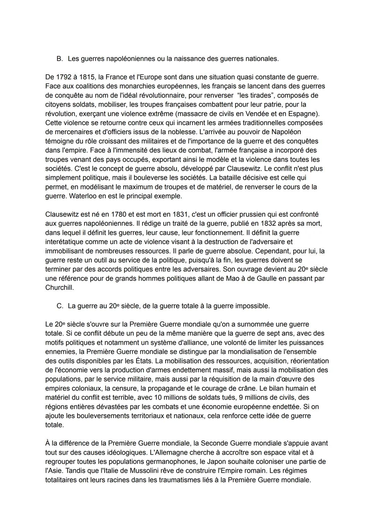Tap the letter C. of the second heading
60,306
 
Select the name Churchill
59,288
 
